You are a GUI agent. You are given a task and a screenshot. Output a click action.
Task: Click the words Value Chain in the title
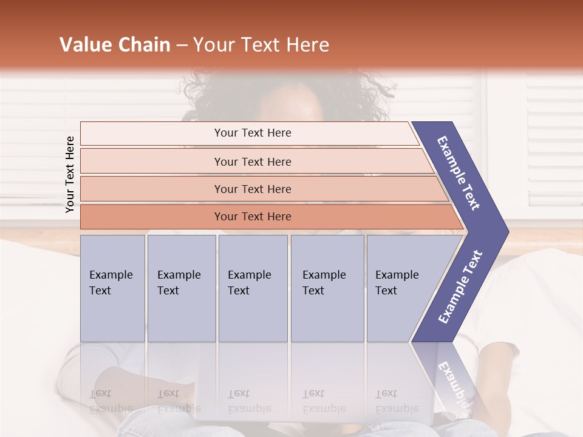(115, 45)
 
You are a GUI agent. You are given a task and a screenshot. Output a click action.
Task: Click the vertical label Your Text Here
(70, 174)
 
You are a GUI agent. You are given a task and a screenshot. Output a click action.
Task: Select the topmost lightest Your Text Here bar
(252, 133)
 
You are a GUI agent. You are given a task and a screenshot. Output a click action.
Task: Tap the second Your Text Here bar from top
(252, 161)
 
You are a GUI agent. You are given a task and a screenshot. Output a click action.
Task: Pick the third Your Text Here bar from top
(252, 189)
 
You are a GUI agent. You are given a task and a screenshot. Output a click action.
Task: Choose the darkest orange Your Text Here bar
(252, 217)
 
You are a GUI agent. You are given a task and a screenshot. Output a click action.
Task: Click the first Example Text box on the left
(112, 288)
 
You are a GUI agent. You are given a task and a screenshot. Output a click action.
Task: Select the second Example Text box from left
(181, 288)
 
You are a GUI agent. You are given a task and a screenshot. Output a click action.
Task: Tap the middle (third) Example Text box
(253, 288)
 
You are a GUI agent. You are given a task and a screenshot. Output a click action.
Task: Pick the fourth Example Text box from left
(327, 288)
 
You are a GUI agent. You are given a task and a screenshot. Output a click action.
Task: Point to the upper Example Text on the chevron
(459, 173)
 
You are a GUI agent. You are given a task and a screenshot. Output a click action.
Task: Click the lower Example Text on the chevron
(460, 286)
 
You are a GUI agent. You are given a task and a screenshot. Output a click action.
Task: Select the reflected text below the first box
(109, 401)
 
